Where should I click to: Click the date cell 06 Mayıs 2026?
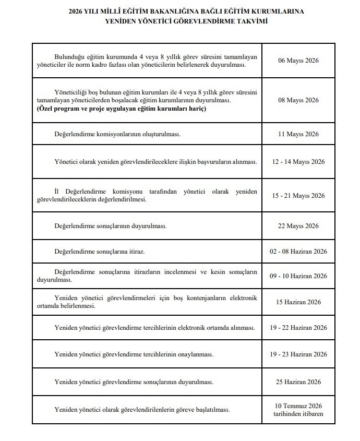point(298,61)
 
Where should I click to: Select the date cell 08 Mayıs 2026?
point(298,100)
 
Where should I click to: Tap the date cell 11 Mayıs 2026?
point(298,134)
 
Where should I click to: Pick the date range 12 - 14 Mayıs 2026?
point(298,162)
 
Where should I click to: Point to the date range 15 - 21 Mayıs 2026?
point(298,196)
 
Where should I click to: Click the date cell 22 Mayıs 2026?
point(298,226)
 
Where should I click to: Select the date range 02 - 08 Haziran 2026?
point(298,252)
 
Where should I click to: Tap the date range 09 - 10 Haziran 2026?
point(298,276)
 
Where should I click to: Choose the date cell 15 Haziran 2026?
point(298,302)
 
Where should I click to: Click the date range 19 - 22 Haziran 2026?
point(298,328)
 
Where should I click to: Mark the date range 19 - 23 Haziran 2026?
point(298,354)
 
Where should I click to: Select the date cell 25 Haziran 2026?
point(298,382)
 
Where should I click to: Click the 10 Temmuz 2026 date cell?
point(298,406)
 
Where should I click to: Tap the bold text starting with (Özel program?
point(121,109)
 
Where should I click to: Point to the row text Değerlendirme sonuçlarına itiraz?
point(100,252)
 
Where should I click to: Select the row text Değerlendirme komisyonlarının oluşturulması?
point(117,134)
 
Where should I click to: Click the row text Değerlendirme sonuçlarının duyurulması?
point(110,226)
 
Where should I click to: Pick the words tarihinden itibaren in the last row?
point(298,414)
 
